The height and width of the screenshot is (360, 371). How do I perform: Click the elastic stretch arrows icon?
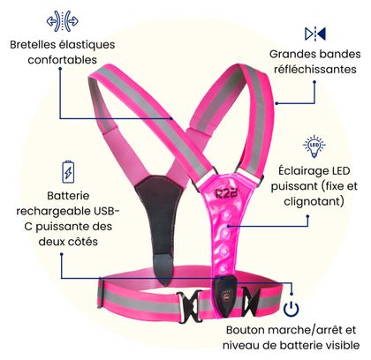63,21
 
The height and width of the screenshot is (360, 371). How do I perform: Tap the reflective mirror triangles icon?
315,34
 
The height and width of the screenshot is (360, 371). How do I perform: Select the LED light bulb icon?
314,146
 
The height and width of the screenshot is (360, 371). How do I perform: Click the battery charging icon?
68,172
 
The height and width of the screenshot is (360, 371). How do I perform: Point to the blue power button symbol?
291,309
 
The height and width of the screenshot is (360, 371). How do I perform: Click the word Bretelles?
33,45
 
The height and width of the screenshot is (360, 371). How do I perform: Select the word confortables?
63,60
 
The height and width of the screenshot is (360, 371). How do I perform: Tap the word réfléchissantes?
315,70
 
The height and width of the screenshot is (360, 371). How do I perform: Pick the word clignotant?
312,201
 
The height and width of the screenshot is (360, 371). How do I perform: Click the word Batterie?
68,196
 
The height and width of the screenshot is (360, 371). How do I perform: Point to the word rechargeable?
54,211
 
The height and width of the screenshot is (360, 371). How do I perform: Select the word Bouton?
245,330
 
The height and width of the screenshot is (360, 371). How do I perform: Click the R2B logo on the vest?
226,192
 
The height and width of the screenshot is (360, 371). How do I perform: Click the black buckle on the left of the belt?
187,306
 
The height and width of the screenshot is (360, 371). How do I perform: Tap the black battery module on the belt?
225,296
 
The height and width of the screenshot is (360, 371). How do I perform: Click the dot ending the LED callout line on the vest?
228,226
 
